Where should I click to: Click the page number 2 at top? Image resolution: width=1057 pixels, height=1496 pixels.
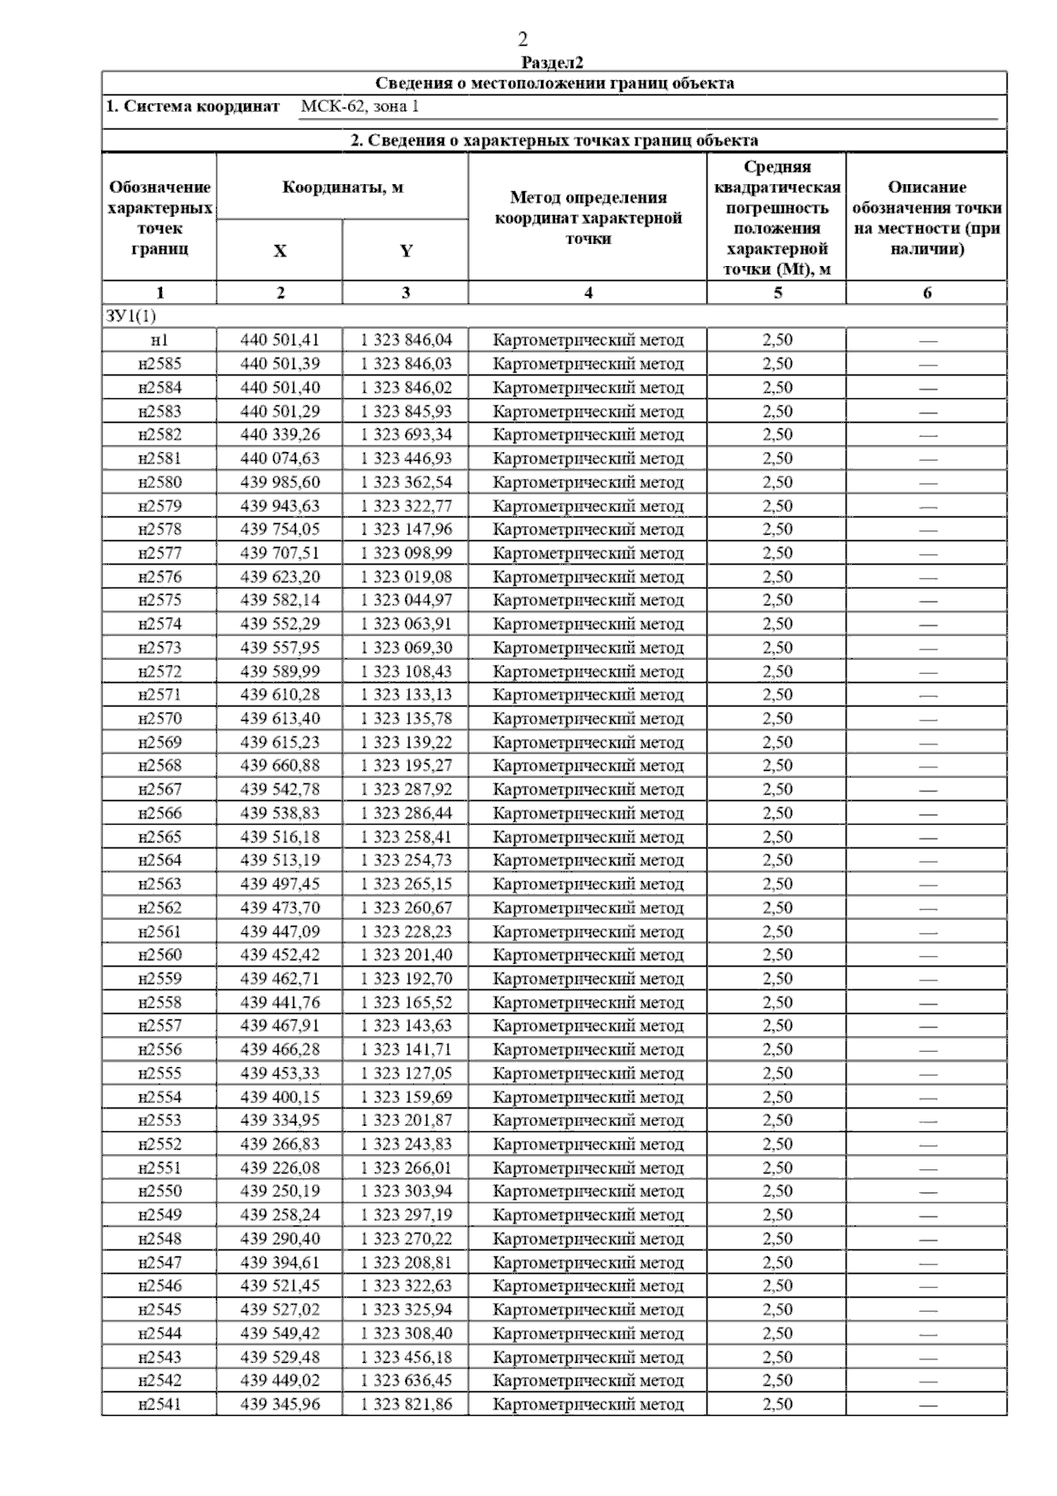pyautogui.click(x=523, y=39)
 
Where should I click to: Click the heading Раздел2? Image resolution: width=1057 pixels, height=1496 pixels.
pyautogui.click(x=552, y=62)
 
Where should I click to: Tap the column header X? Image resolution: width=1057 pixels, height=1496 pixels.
pyautogui.click(x=279, y=251)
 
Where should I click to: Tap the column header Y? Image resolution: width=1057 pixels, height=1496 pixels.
pyautogui.click(x=405, y=251)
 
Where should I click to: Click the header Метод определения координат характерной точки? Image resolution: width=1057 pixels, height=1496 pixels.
pyautogui.click(x=588, y=218)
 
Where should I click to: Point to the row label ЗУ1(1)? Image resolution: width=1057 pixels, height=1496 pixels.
pyautogui.click(x=130, y=315)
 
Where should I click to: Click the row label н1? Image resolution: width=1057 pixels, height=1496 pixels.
pyautogui.click(x=159, y=340)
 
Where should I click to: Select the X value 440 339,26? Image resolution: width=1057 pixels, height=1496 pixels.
pyautogui.click(x=280, y=434)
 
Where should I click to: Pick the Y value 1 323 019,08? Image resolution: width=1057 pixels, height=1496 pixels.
pyautogui.click(x=406, y=576)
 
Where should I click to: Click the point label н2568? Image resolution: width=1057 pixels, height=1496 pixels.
pyautogui.click(x=159, y=765)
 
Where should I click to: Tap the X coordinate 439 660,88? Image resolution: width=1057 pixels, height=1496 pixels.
pyautogui.click(x=280, y=765)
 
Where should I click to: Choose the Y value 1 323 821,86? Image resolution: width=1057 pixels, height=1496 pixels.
pyautogui.click(x=406, y=1403)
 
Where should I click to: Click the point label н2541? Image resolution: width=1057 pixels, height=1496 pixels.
pyautogui.click(x=159, y=1403)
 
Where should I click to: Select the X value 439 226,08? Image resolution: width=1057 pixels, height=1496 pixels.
pyautogui.click(x=280, y=1167)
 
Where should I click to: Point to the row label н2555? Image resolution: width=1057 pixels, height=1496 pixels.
pyautogui.click(x=159, y=1073)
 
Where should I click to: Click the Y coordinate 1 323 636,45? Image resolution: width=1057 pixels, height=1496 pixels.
pyautogui.click(x=406, y=1380)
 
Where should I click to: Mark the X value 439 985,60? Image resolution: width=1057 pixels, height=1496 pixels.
pyautogui.click(x=280, y=482)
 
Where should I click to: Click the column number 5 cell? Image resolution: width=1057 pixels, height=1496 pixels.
pyautogui.click(x=777, y=293)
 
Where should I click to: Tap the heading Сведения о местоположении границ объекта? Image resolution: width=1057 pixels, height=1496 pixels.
pyautogui.click(x=554, y=84)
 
